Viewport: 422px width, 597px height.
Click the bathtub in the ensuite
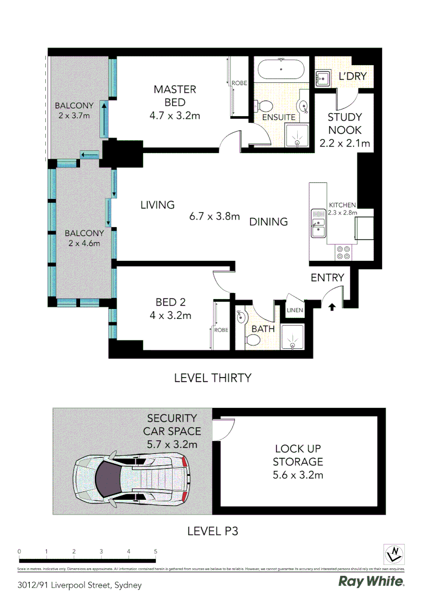(x=281, y=70)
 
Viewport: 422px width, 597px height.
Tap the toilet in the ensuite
(x=265, y=106)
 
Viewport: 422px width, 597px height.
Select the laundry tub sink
(x=322, y=79)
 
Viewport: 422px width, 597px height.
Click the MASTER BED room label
(x=175, y=96)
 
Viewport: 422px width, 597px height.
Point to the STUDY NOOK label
(x=345, y=124)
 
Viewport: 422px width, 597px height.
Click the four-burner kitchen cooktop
(x=343, y=252)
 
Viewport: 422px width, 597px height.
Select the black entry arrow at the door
(x=331, y=306)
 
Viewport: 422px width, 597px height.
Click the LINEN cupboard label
(x=294, y=310)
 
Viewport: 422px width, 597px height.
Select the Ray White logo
(x=371, y=581)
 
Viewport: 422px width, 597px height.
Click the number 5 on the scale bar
(x=156, y=551)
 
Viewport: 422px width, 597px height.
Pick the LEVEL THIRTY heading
(x=213, y=378)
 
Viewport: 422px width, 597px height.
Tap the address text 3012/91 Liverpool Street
(x=80, y=584)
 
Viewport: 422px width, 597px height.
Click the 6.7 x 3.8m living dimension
(x=214, y=216)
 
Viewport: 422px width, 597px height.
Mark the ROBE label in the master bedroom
(x=239, y=83)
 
